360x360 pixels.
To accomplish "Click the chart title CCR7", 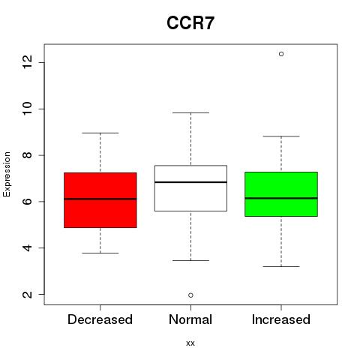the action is (x=190, y=23).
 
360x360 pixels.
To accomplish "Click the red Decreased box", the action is (x=100, y=200).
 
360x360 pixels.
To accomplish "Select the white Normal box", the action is (x=190, y=188).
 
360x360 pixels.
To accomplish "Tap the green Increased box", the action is (x=281, y=194).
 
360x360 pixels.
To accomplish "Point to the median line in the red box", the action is (x=100, y=199).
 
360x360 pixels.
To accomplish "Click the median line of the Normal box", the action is (x=190, y=182).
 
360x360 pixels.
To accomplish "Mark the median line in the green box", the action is (x=281, y=198).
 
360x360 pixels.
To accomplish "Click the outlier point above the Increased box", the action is (x=281, y=54).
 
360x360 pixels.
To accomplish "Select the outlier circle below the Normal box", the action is (x=190, y=295).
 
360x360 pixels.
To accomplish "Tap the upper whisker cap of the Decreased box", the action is (x=100, y=133).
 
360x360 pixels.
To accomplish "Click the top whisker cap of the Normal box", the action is (x=190, y=112).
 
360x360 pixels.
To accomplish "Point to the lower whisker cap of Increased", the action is (x=281, y=266).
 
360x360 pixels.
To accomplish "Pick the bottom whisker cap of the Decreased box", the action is (x=100, y=253).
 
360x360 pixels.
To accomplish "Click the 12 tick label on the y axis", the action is (x=28, y=62).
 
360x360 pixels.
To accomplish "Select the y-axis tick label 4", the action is (x=28, y=247).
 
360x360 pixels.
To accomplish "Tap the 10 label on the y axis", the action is (x=28, y=109).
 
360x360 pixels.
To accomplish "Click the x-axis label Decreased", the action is (x=100, y=319).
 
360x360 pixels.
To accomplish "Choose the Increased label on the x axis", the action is (x=281, y=319).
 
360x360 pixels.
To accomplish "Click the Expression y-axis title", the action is (x=7, y=174).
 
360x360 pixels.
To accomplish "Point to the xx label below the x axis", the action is (x=190, y=343).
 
